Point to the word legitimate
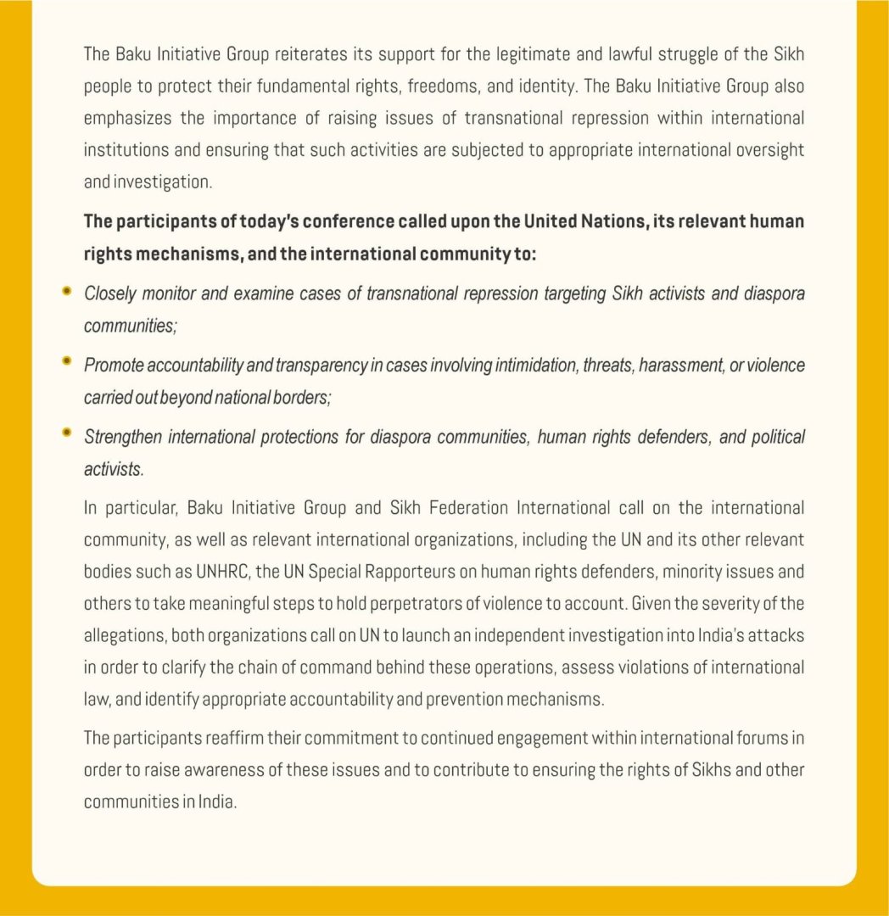click(x=530, y=55)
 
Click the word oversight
click(x=768, y=149)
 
